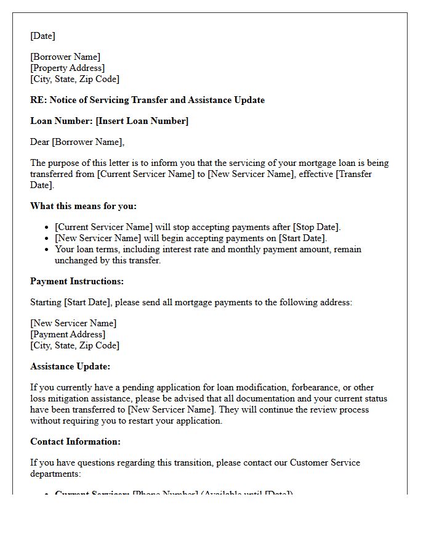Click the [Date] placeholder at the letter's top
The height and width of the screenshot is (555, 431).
tap(42, 36)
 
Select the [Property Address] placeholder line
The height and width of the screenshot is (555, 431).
tap(68, 68)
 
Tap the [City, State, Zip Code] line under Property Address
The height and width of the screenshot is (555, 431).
tap(75, 79)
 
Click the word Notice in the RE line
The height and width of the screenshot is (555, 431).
tap(63, 100)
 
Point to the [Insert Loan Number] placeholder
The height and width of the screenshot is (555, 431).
tap(142, 121)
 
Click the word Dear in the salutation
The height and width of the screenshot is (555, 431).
tap(40, 142)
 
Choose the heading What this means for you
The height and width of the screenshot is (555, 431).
tap(83, 206)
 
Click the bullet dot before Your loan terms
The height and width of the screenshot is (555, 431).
tap(47, 250)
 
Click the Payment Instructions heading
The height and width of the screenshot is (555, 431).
tap(77, 281)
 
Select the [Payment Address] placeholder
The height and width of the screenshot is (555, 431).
tap(68, 334)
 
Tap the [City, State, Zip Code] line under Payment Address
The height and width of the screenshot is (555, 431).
tap(75, 345)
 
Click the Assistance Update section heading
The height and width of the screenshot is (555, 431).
tap(70, 366)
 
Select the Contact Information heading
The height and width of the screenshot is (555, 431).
tap(75, 442)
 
